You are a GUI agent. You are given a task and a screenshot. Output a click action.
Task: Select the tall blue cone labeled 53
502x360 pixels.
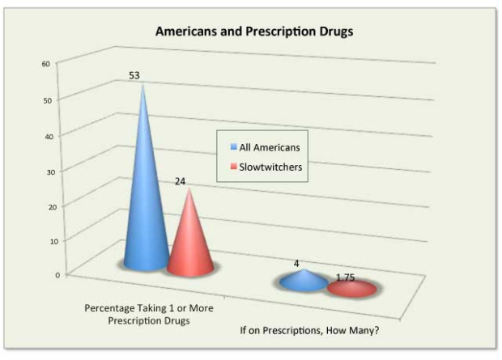[144, 202]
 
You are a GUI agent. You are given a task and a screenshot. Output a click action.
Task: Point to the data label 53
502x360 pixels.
[136, 75]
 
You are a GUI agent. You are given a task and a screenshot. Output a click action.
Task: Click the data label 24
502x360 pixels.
[181, 181]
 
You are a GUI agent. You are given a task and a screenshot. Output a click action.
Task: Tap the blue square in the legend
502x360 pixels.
[232, 147]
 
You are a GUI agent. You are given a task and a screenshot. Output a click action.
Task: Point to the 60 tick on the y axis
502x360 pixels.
[46, 63]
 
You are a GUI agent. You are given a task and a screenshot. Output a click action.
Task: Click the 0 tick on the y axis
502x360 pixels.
[57, 275]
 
